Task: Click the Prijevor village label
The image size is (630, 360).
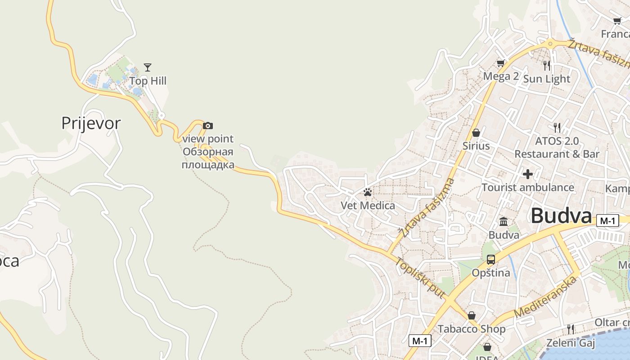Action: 91,123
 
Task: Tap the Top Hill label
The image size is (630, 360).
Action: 148,81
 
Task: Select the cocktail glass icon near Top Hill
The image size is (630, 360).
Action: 148,67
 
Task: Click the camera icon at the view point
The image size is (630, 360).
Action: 207,126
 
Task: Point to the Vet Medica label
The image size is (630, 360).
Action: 368,206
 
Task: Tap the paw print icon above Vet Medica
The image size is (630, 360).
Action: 368,193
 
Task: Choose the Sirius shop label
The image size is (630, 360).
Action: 476,146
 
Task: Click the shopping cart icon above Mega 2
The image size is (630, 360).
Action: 500,63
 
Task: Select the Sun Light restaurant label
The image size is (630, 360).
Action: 546,79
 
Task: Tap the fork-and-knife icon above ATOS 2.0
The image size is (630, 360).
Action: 557,127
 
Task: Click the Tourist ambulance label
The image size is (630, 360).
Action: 528,187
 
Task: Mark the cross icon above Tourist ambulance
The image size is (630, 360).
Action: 528,174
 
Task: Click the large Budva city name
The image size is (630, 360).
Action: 561,216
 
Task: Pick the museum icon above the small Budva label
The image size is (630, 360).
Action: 504,221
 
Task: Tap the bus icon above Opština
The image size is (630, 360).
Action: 490,260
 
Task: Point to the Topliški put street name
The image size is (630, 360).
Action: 420,278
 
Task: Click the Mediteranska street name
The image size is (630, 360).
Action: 545,297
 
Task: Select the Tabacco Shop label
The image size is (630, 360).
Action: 472,329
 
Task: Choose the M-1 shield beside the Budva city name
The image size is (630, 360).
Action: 607,220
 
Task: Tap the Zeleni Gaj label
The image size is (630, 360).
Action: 570,343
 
